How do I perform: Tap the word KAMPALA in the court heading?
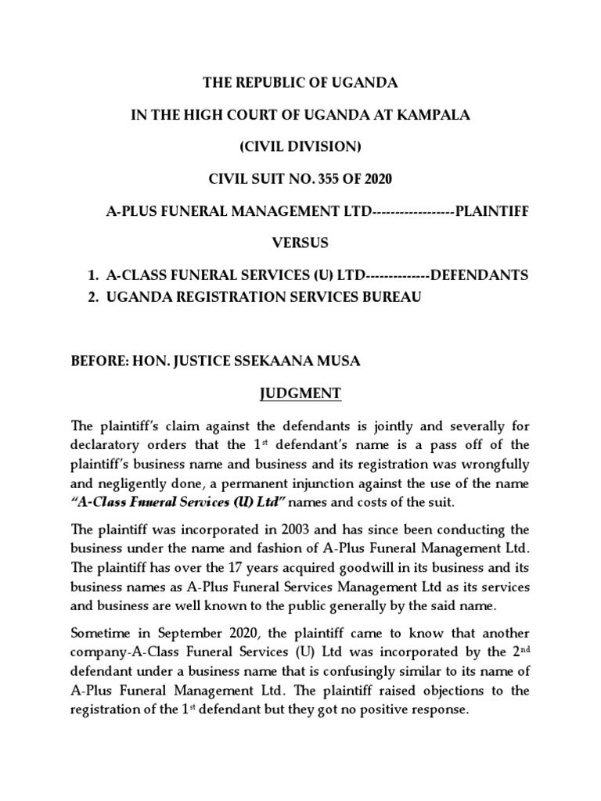[x=437, y=115]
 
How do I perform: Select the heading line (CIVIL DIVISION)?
[x=300, y=147]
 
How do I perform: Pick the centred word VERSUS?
[x=300, y=243]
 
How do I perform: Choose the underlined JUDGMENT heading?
[x=301, y=393]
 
